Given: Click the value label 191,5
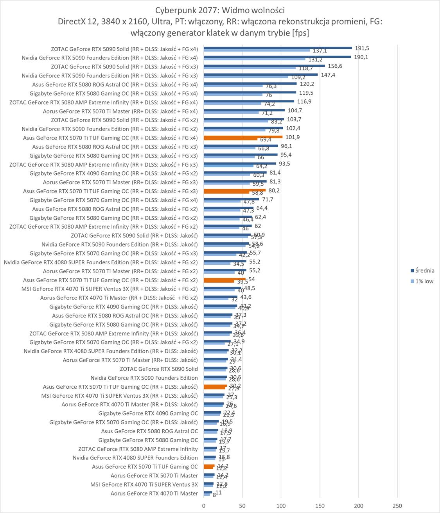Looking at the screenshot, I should (x=362, y=48).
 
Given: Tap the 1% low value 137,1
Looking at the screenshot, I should (x=320, y=51).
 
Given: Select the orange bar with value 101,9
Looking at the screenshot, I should (x=243, y=137).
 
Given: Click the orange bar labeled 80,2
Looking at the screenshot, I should (x=235, y=190).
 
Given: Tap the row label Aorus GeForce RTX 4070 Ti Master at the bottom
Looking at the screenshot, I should (x=154, y=493).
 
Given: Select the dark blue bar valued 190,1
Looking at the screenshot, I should (x=277, y=57).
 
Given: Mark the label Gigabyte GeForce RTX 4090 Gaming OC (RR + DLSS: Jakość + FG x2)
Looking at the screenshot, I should (x=113, y=173).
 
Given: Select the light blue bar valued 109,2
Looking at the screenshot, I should (x=246, y=77).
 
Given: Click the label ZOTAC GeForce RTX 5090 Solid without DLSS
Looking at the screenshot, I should (x=159, y=369).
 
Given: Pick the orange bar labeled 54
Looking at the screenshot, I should (x=224, y=279).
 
